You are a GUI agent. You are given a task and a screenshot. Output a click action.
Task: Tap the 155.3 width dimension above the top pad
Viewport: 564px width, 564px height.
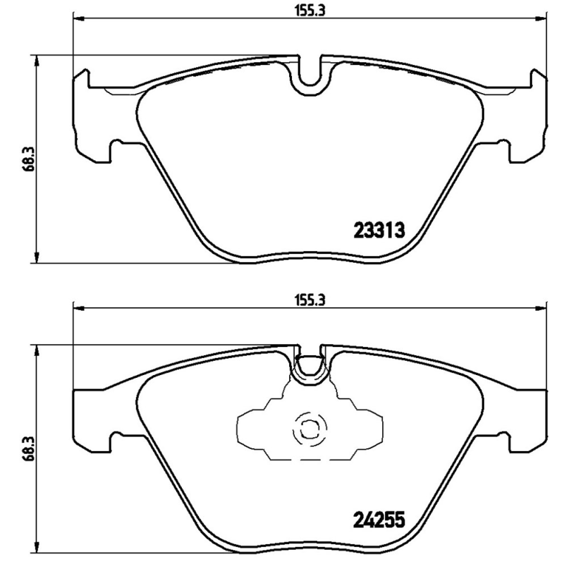tap(311, 10)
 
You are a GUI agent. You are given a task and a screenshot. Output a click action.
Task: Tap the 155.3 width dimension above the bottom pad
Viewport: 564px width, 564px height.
tap(311, 298)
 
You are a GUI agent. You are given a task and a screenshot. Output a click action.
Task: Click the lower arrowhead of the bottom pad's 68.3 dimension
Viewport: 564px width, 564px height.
tap(36, 549)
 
